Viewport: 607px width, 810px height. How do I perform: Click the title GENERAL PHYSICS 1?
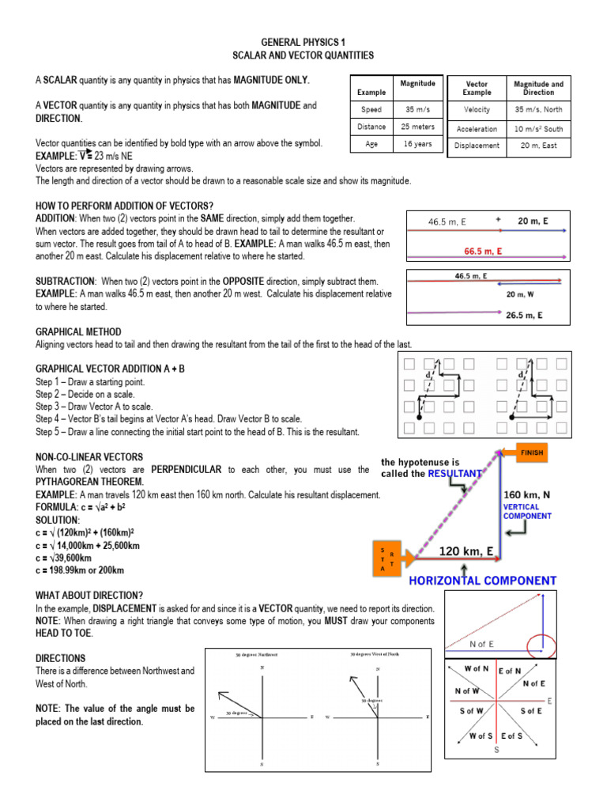point(303,41)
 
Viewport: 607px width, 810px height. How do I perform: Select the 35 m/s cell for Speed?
point(417,110)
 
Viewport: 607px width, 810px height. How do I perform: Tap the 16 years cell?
point(417,145)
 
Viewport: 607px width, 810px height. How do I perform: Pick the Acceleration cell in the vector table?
point(477,129)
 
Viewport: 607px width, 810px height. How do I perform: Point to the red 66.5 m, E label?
point(483,251)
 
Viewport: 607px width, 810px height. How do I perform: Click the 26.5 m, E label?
point(524,315)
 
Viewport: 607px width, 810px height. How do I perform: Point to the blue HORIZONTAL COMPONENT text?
point(482,581)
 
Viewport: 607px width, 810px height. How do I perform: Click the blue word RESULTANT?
point(454,474)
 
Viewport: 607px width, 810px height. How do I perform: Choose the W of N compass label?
point(477,669)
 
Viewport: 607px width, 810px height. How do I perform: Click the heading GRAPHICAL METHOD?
point(78,331)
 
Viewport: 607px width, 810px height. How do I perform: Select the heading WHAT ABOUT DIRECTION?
point(89,594)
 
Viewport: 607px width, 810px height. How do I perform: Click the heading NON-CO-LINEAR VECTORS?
point(89,457)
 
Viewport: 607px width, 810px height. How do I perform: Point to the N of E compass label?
point(533,683)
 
